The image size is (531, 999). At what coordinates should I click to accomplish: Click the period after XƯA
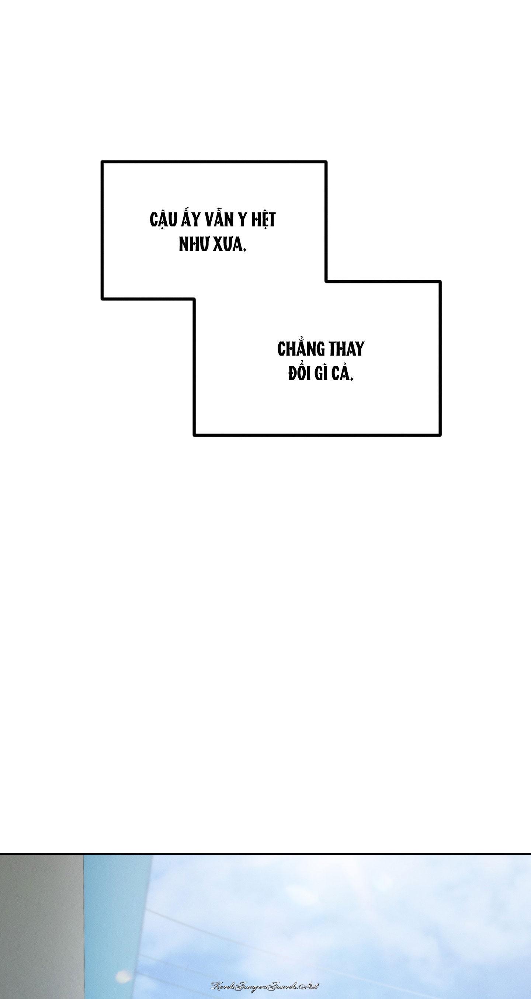(x=245, y=250)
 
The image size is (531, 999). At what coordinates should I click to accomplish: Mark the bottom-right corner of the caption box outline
(x=441, y=435)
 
